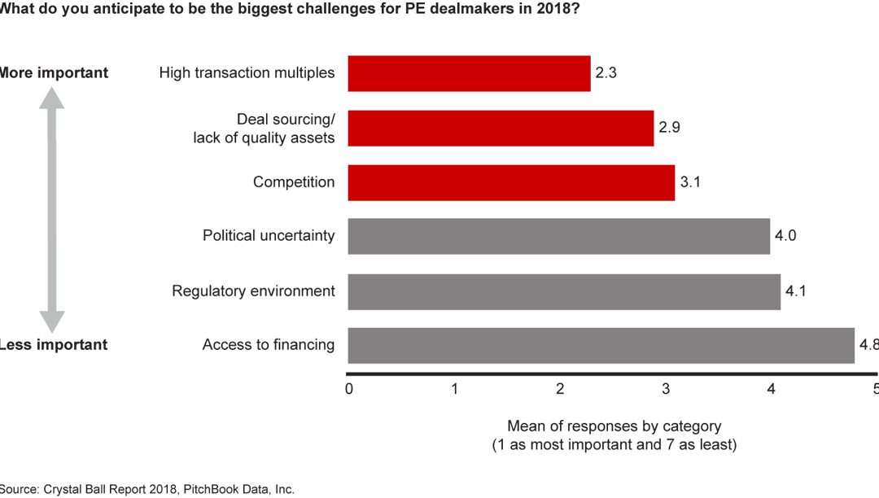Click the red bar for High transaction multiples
469,73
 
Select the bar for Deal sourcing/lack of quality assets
501,129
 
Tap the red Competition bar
511,182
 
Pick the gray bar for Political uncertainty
558,236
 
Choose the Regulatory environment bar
564,291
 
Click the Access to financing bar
601,345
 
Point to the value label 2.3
606,73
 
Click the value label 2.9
669,129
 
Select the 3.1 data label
689,182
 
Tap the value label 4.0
785,236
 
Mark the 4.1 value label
795,291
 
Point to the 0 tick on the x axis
349,389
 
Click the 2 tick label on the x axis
560,389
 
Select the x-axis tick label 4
771,389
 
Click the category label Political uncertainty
269,236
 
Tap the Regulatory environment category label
253,291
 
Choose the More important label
52,73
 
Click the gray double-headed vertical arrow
52,209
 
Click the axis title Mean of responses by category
614,426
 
